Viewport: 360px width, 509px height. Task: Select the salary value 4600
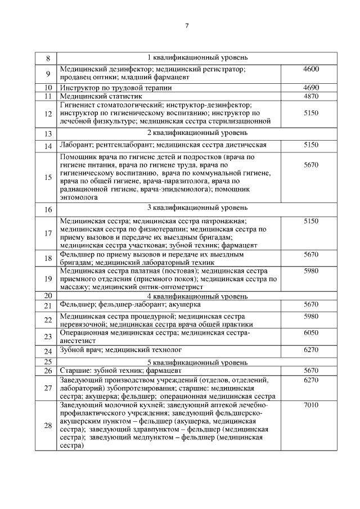click(310, 69)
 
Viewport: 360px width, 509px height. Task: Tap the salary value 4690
click(310, 88)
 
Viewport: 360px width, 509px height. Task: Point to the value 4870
click(310, 96)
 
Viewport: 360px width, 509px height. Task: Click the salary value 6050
click(310, 333)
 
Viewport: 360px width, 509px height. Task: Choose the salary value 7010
click(310, 405)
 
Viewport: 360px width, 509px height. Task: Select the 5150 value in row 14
click(310, 145)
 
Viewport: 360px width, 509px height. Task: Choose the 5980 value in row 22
click(310, 317)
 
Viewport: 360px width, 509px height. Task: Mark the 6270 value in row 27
click(310, 380)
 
